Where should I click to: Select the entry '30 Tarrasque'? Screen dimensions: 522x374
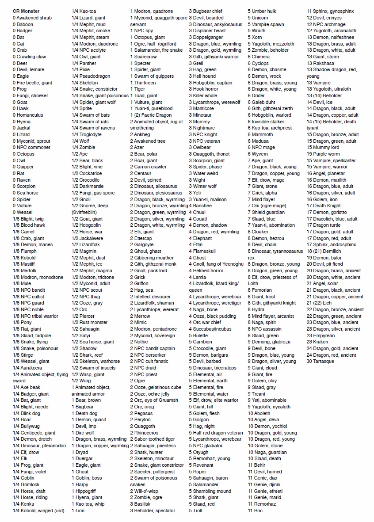pos(321,361)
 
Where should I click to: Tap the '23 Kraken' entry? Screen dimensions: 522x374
pos(317,342)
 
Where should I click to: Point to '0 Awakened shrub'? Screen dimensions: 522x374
pos(32,18)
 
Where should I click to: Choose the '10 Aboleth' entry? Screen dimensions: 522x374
pos(259,413)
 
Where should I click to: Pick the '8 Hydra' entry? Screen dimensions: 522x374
pos(256,309)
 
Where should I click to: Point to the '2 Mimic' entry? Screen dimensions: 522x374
pos(138,322)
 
